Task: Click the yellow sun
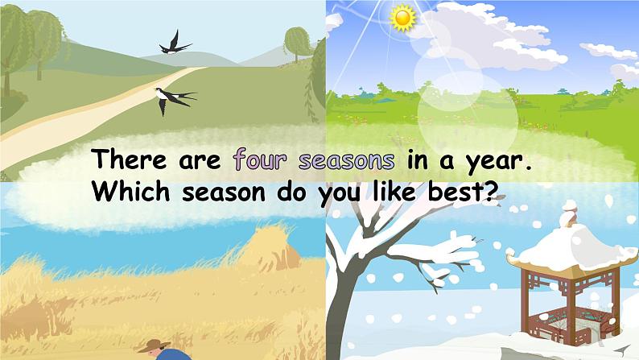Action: tap(402, 18)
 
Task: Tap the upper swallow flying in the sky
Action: tap(175, 43)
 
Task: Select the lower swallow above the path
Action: tap(175, 99)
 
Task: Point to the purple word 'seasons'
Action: tap(346, 160)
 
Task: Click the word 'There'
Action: tap(130, 159)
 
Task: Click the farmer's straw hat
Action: tap(154, 346)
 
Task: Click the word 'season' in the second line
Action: tap(224, 192)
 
